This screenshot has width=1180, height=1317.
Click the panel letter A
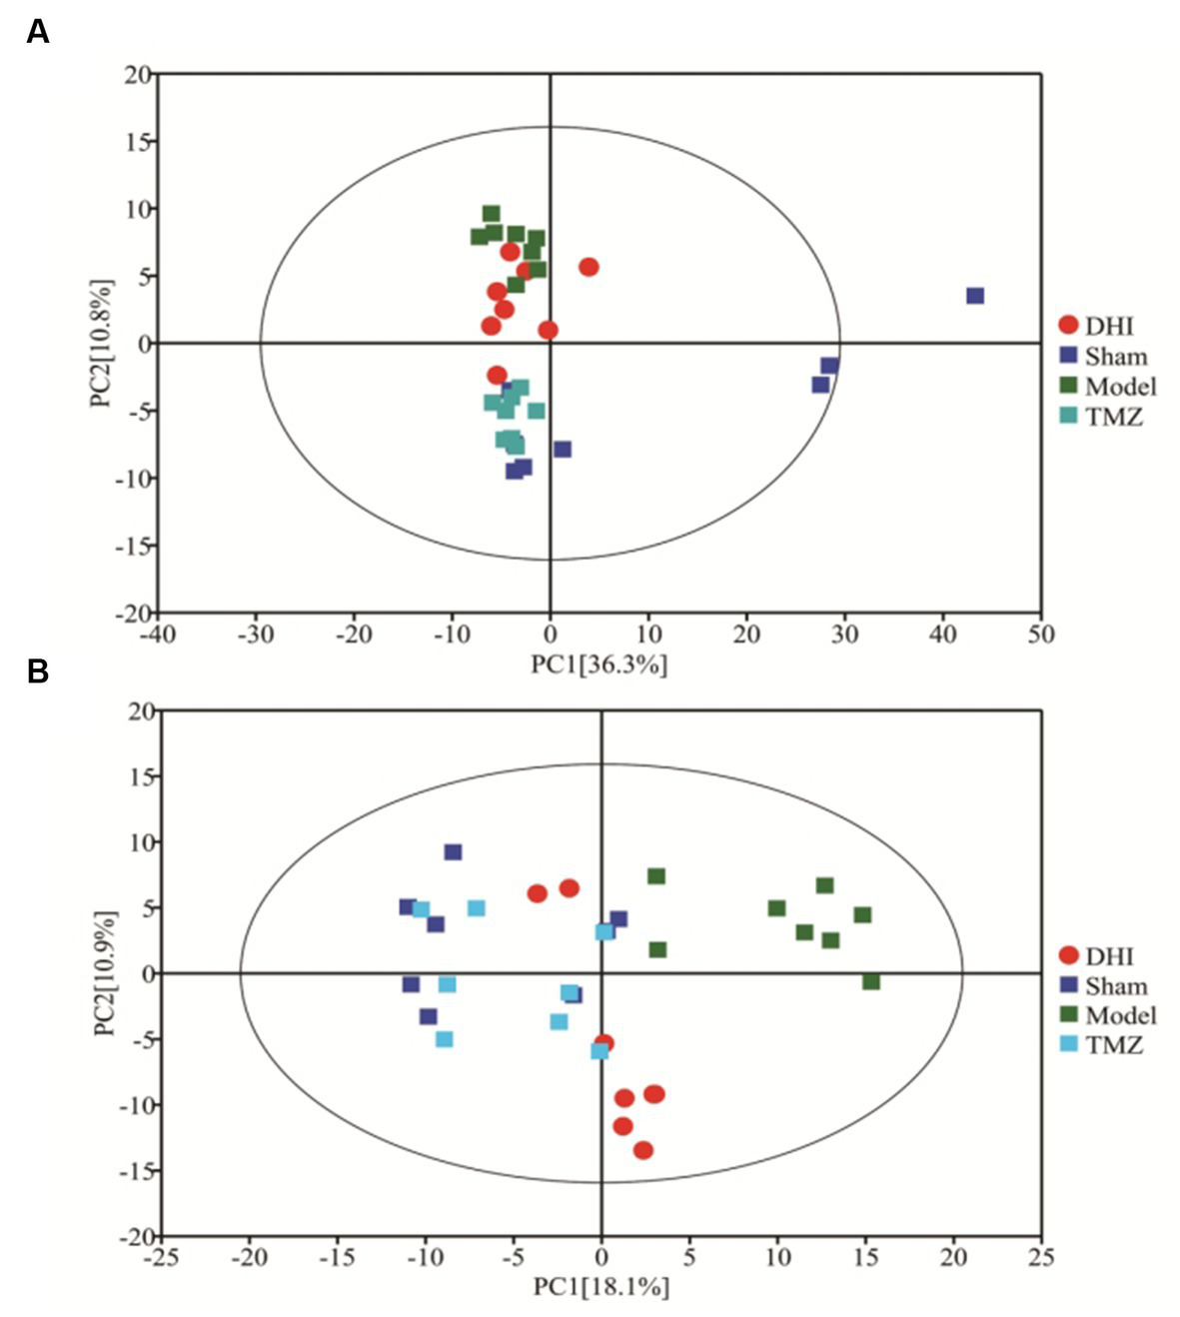tap(37, 32)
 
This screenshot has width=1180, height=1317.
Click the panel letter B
tap(37, 671)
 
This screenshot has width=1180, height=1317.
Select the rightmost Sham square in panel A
tap(975, 296)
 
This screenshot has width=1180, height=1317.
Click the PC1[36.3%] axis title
tap(599, 664)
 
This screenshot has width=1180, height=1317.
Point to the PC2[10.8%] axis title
tap(101, 343)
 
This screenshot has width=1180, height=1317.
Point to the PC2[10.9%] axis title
tap(105, 972)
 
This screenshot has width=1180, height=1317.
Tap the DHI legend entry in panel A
tap(1096, 326)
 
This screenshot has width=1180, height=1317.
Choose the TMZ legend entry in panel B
tap(1100, 1045)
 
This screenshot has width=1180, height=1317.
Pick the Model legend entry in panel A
tap(1107, 387)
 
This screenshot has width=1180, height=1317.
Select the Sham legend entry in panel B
tap(1103, 986)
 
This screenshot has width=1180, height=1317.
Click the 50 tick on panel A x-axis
tap(1041, 635)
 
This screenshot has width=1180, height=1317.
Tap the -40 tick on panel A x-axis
tap(159, 635)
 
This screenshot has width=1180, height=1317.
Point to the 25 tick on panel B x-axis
tap(1041, 1257)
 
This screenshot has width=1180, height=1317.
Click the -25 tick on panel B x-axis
tap(161, 1257)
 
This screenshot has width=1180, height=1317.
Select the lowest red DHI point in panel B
tap(643, 1150)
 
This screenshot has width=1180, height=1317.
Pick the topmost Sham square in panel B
tap(453, 852)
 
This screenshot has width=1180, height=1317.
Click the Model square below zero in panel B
tap(871, 982)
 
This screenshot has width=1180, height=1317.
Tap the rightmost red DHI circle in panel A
tap(589, 267)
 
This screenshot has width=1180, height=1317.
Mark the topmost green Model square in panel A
tap(491, 214)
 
